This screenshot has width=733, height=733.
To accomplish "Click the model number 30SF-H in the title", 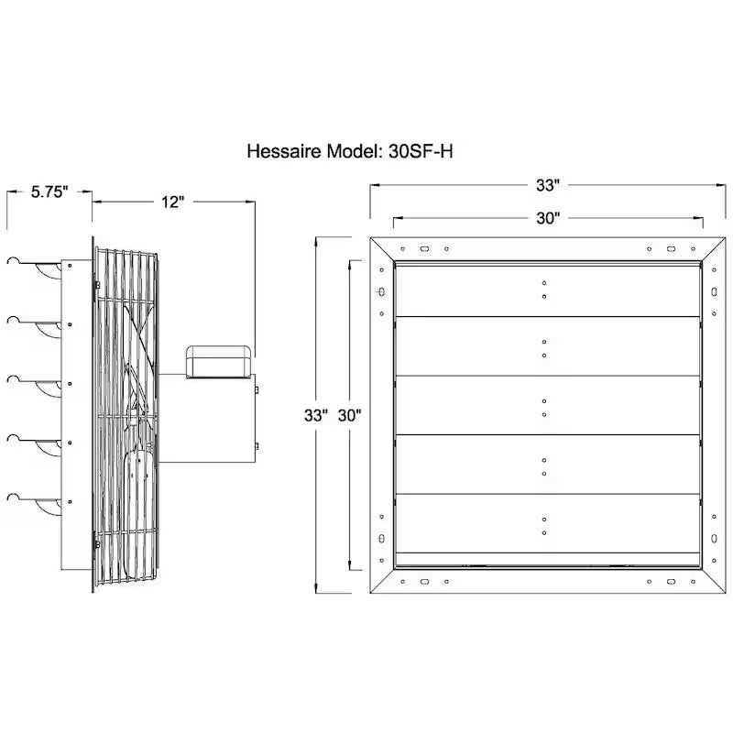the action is point(421,151).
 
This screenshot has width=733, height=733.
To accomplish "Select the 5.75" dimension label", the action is point(49,191).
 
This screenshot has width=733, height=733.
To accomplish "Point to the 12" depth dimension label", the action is point(173,202).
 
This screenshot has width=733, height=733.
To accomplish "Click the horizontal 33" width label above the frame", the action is point(548,186).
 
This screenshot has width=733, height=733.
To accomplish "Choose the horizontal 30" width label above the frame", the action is point(548,218).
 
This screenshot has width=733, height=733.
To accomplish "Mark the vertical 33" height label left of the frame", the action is point(316,415).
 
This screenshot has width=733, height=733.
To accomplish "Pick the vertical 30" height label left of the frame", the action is point(350,415).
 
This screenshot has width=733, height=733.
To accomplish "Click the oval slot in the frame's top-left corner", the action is point(424,249).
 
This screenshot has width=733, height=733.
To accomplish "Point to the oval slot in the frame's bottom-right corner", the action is point(671,582).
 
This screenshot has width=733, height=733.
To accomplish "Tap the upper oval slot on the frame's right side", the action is point(714,291).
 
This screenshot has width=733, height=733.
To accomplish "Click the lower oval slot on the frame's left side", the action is point(381,538).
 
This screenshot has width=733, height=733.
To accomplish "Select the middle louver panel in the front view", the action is point(547,405).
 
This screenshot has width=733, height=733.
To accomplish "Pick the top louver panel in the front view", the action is point(547,290).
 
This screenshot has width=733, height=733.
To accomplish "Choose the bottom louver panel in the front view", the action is point(547,523).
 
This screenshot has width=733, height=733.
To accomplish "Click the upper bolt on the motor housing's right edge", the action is point(257,389).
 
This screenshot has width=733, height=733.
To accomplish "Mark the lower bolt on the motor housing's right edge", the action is point(257,446).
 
